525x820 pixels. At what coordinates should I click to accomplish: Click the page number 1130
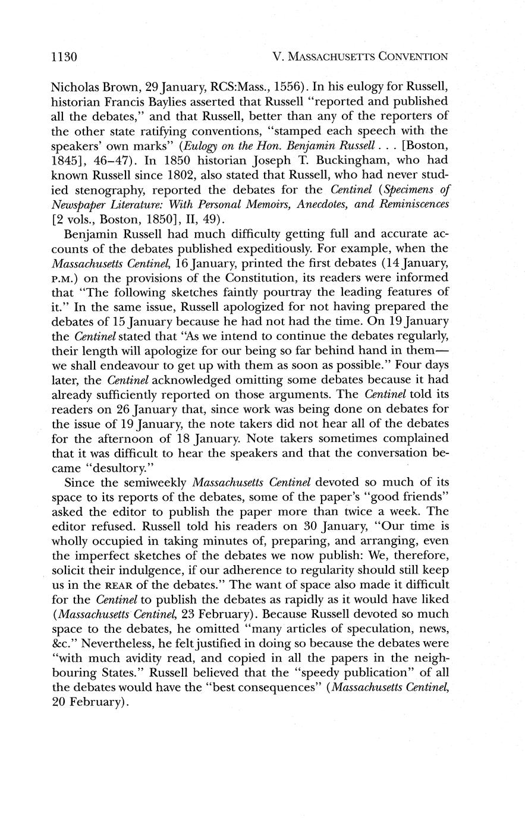[x=64, y=58]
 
